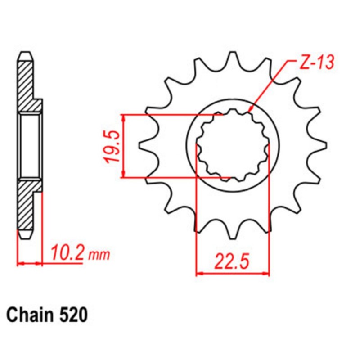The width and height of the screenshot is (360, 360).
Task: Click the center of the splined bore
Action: click(x=233, y=145)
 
